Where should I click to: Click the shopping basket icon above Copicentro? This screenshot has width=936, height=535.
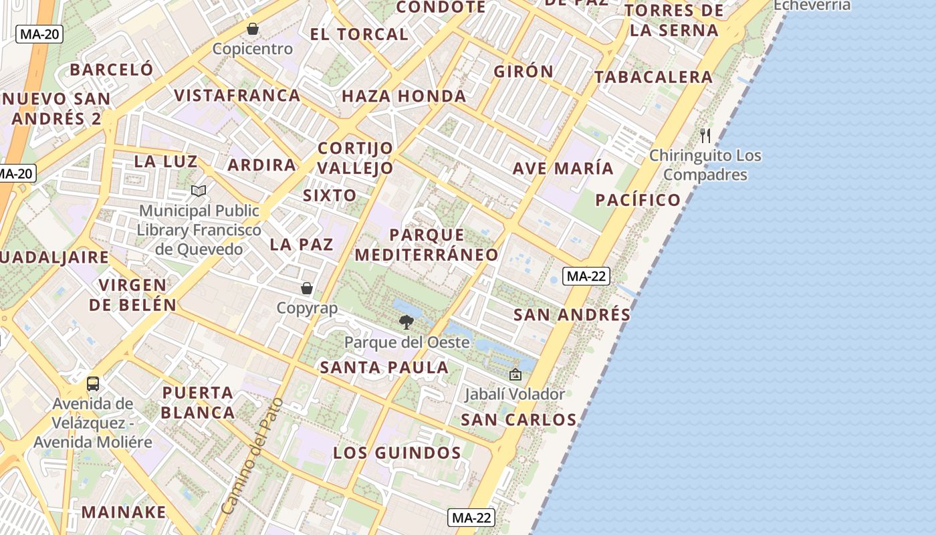(253, 29)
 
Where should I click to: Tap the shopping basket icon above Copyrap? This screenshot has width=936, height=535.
(307, 288)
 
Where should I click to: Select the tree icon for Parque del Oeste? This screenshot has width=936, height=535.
(406, 322)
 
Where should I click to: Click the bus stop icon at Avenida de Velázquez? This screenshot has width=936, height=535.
(93, 384)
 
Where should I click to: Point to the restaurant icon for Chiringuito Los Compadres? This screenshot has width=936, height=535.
(705, 136)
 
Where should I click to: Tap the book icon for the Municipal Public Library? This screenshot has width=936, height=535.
(198, 191)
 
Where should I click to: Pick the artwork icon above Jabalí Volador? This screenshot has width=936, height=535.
(515, 374)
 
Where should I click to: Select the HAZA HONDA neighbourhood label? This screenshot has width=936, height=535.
(404, 96)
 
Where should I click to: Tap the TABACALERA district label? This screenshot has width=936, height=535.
(654, 77)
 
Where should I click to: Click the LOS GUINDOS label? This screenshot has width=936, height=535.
(397, 453)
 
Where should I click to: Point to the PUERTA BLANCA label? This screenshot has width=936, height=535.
(198, 403)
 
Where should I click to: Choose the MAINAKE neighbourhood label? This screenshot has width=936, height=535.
(124, 512)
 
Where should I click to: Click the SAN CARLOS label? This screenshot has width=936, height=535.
(519, 420)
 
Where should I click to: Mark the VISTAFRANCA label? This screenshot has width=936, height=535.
(237, 95)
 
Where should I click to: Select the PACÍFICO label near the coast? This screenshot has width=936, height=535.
(638, 199)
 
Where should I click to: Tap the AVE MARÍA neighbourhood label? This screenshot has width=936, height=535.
(563, 168)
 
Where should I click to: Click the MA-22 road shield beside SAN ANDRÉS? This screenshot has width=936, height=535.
(586, 276)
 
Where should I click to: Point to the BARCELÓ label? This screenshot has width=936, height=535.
(112, 70)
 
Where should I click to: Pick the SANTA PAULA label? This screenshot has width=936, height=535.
(384, 367)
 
